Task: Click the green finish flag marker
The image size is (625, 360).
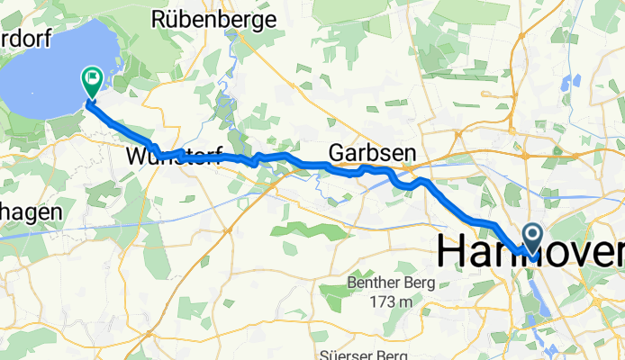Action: [92, 82]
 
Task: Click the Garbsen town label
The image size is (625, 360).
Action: [365, 152]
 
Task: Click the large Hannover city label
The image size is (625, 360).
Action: [530, 251]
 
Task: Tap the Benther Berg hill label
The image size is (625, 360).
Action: [391, 283]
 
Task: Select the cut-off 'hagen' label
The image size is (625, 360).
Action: [29, 212]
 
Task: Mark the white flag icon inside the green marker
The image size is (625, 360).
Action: [92, 79]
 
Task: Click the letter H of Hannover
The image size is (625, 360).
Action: [451, 251]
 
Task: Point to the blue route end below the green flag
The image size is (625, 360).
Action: [89, 103]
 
